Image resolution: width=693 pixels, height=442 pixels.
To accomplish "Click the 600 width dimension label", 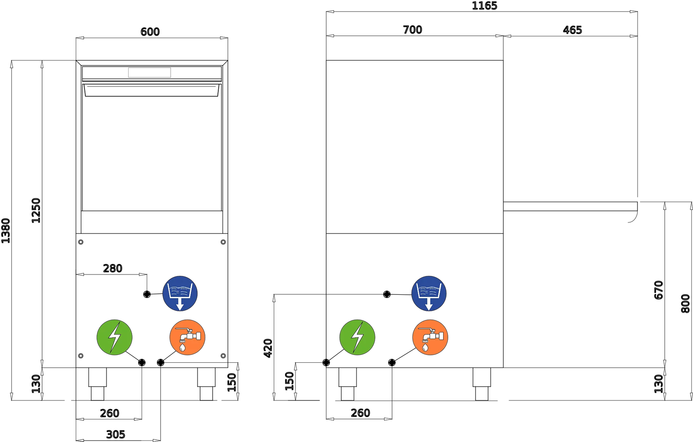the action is (x=150, y=32).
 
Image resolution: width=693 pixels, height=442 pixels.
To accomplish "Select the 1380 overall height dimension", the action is (x=6, y=231).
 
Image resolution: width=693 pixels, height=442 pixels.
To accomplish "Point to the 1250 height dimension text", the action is (x=36, y=211).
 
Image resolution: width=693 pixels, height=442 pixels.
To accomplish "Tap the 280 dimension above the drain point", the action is (x=113, y=268).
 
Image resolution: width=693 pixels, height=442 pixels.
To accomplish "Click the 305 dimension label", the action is (x=116, y=435).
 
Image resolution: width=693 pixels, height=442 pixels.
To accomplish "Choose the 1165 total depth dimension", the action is (x=485, y=6).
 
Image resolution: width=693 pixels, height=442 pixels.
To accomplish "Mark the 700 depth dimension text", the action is (x=412, y=30).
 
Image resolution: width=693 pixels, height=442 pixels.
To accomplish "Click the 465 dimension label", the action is (x=572, y=30).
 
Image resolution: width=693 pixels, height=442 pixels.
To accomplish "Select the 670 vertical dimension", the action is (x=659, y=290).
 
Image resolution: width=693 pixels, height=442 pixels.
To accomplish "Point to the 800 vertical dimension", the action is (x=686, y=303).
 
